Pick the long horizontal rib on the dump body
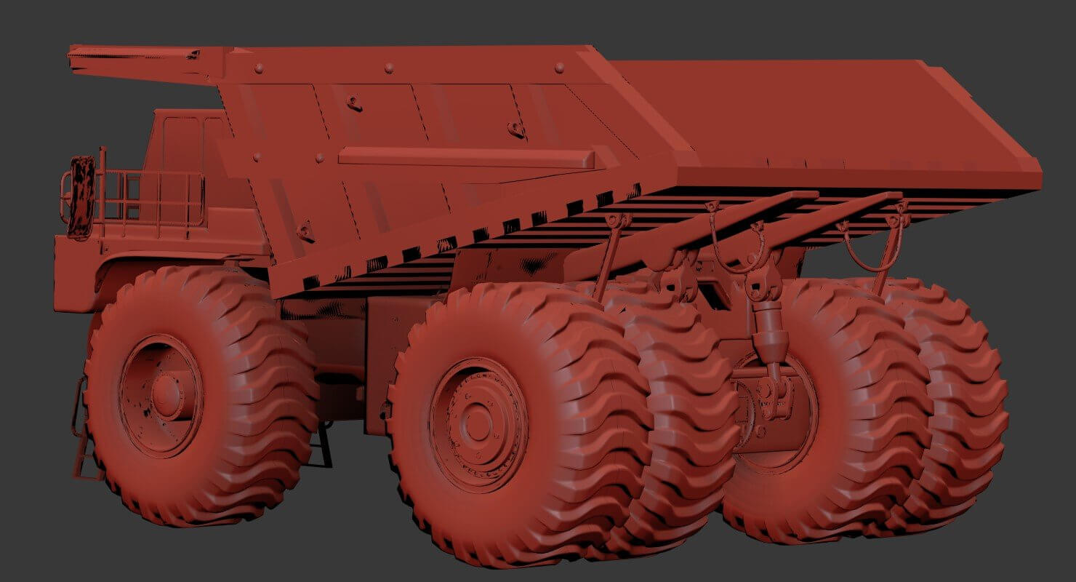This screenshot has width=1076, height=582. [465, 157]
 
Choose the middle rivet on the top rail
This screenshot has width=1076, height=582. [389, 68]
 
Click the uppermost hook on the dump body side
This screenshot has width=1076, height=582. [354, 104]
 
